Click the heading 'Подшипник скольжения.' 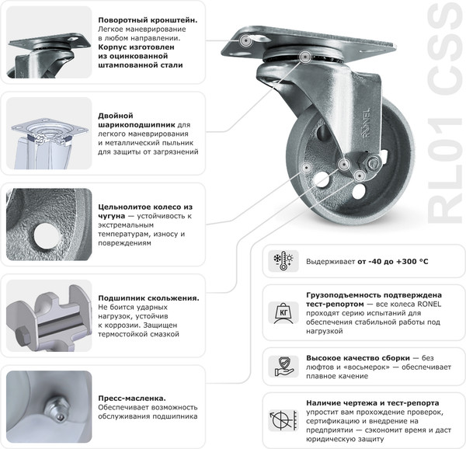(x=148, y=298)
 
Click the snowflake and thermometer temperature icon (x=283, y=261)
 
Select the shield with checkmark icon (x=283, y=364)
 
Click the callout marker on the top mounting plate (x=247, y=39)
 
